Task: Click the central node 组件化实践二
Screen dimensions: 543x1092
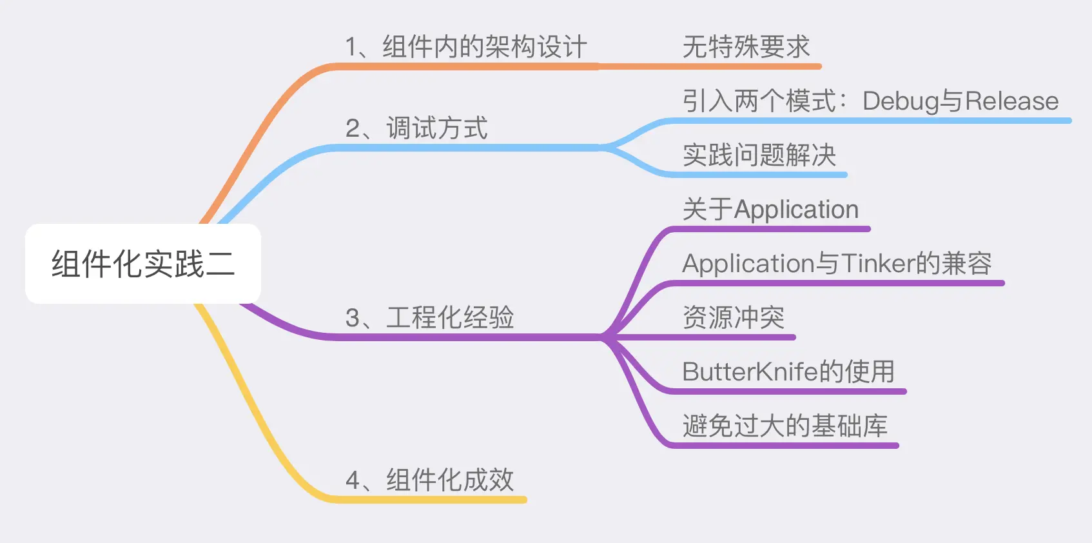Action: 142,264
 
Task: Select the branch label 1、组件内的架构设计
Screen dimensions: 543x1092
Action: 465,47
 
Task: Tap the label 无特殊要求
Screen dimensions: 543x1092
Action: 746,47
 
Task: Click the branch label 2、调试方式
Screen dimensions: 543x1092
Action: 417,128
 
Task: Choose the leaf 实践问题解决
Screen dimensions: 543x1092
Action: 759,155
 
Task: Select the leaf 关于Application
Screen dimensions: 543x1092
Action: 770,210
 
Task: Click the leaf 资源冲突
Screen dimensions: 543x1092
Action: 734,318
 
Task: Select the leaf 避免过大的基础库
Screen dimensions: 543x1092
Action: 785,426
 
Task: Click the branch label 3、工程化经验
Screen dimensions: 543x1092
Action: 429,318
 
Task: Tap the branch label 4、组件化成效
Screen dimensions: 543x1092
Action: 429,480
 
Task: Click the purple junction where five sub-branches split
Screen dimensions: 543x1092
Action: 605,337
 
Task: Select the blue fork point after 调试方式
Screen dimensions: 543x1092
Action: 605,148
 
